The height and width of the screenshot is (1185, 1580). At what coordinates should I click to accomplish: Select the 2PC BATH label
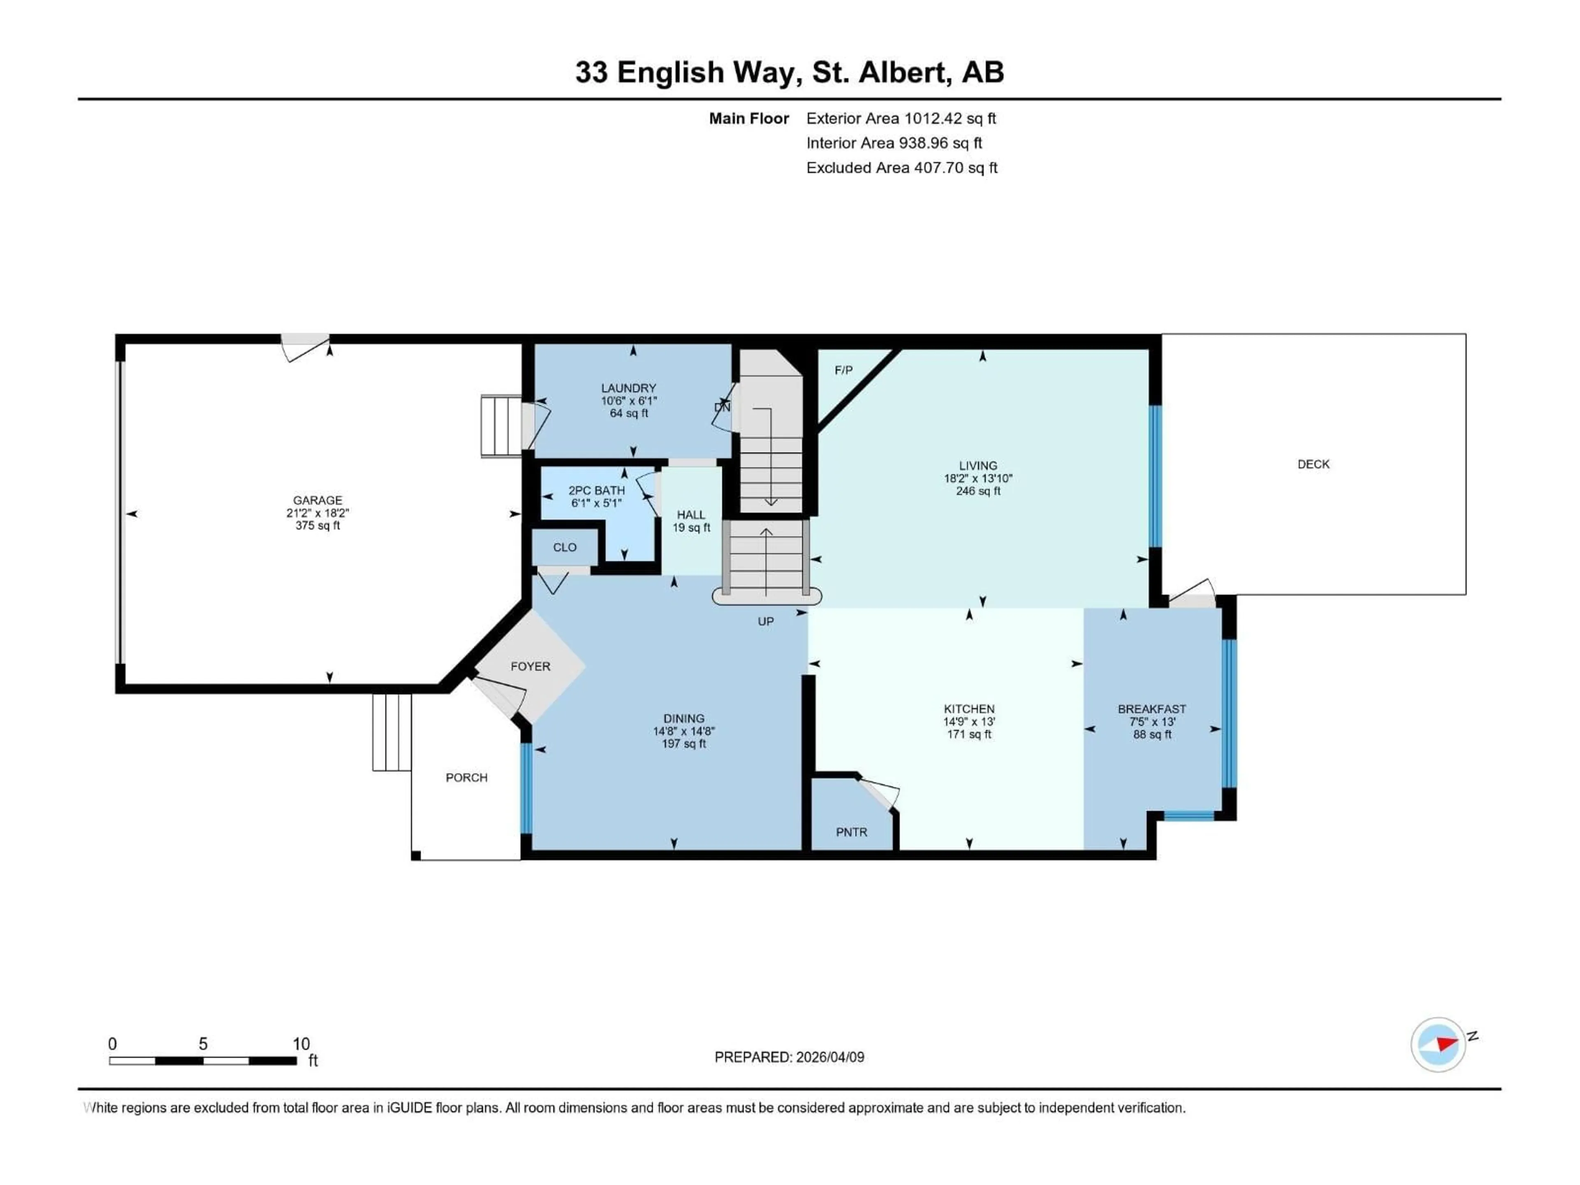[597, 490]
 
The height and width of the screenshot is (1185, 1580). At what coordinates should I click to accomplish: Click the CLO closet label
[564, 547]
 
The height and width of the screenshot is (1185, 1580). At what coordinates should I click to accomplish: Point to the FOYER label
[530, 666]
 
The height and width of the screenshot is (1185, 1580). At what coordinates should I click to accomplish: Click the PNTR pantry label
[851, 832]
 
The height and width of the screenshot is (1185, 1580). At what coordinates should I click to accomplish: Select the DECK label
[1313, 464]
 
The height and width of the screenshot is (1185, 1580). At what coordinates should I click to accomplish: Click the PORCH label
[467, 777]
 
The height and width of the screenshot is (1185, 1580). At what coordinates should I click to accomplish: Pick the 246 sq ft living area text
[978, 491]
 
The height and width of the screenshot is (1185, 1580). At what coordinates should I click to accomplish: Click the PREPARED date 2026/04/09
[829, 1057]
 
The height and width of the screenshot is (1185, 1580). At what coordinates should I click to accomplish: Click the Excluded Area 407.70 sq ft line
[902, 168]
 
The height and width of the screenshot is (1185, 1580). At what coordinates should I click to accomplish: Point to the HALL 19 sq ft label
[691, 521]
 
